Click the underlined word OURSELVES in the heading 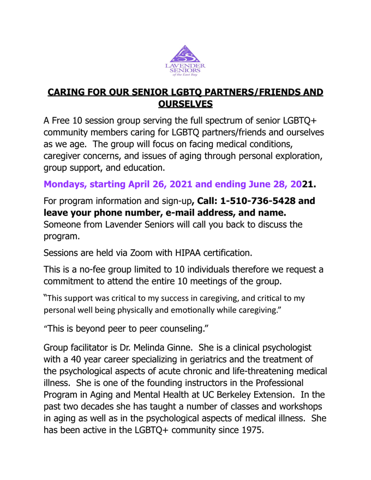(x=185, y=104)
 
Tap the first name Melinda (x=172, y=348)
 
